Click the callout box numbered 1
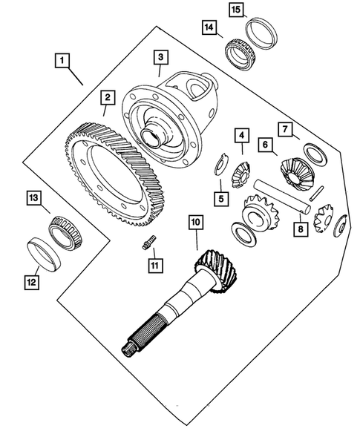62,60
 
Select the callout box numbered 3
160,57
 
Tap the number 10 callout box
196,222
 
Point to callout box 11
155,266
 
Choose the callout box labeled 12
31,283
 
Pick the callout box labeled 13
33,197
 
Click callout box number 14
209,27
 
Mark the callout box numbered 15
236,10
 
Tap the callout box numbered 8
301,229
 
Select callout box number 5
221,199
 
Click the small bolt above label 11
149,243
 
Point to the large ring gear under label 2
115,175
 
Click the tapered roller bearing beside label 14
240,53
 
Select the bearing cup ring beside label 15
261,33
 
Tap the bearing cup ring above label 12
45,254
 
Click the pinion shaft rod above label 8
281,196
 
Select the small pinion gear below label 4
241,175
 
